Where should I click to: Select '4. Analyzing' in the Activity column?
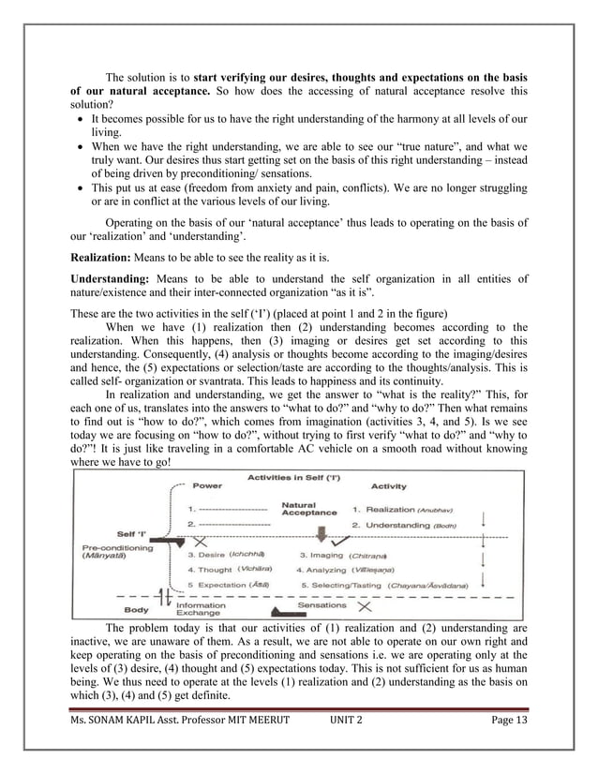(x=328, y=569)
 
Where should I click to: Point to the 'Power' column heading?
(x=207, y=486)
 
